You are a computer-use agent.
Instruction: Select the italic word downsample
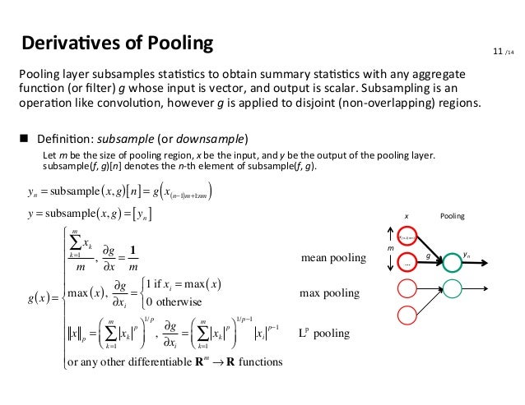[205, 136]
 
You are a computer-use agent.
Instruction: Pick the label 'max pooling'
[331, 292]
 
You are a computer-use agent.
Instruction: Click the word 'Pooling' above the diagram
[453, 217]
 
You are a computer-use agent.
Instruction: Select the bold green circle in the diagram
[452, 263]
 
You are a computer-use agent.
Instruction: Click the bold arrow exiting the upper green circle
[481, 263]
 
